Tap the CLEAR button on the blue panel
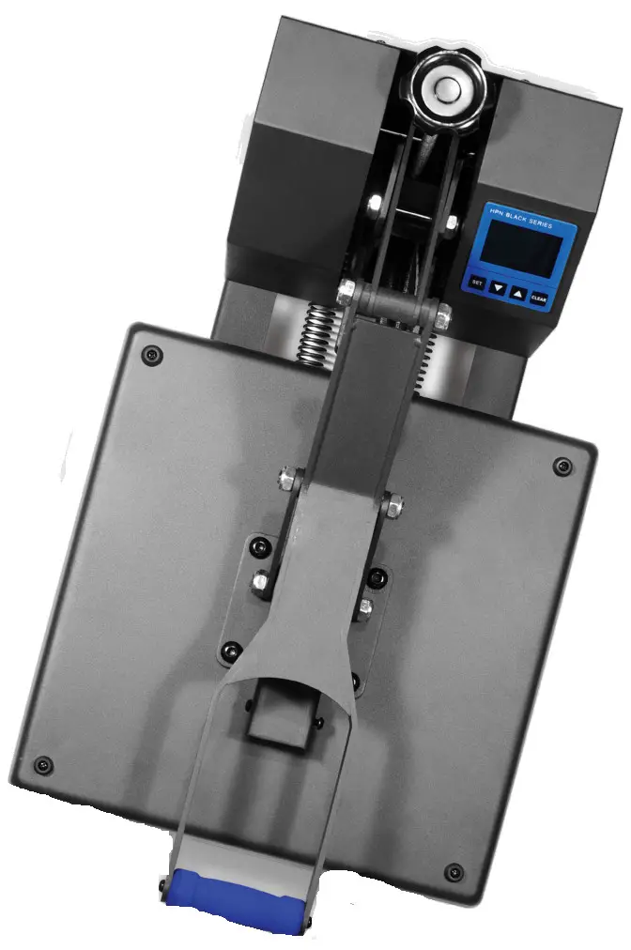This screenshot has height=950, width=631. (538, 298)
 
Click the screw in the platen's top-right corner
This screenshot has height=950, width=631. (562, 466)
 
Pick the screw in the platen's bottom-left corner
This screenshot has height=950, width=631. (40, 765)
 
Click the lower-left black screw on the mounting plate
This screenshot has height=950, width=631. (228, 649)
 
